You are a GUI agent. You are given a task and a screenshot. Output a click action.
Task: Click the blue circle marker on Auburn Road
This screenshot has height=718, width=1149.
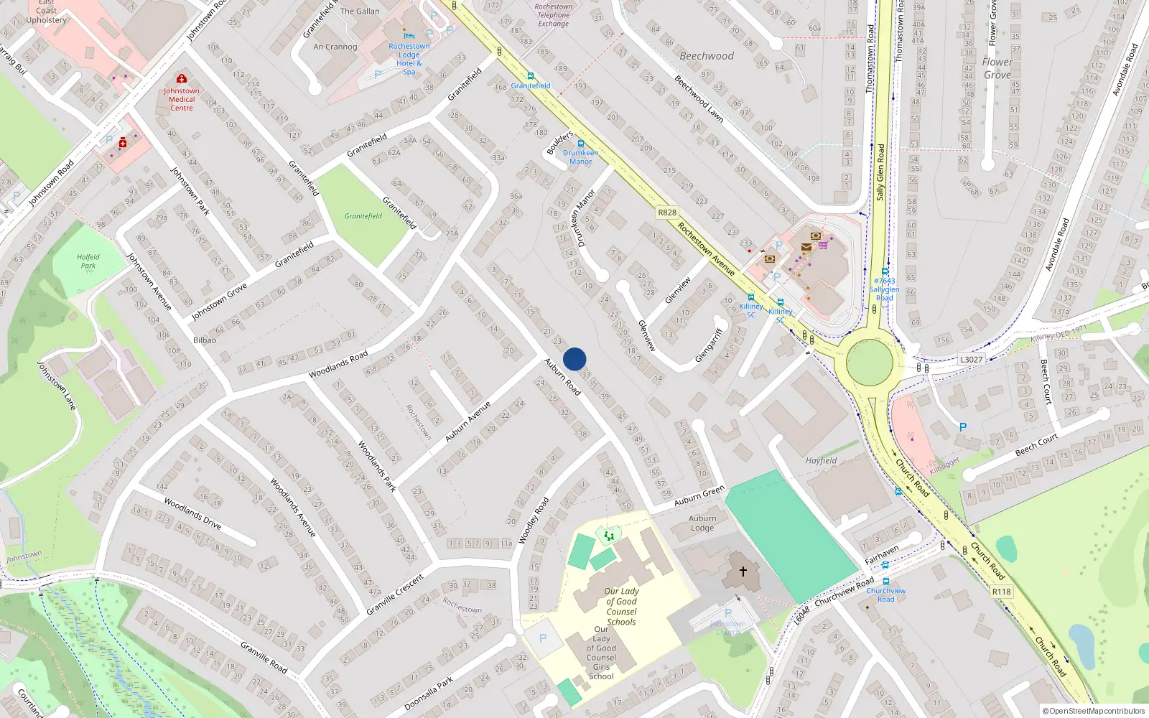tap(574, 359)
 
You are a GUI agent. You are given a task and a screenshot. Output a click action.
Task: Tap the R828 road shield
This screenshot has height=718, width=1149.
tap(667, 213)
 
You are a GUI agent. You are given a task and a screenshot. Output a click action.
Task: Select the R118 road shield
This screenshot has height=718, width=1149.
tap(1001, 592)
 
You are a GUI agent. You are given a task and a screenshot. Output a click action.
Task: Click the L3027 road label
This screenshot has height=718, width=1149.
tap(971, 360)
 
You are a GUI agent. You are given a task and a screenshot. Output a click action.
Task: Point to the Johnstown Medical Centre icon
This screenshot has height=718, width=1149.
tap(182, 78)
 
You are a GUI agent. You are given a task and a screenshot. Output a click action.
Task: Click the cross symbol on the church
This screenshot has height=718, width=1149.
tap(743, 571)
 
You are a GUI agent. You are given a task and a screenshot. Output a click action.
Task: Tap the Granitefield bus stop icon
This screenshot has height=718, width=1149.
tap(531, 76)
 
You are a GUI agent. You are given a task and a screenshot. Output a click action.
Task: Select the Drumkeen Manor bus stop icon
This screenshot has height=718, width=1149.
tap(580, 144)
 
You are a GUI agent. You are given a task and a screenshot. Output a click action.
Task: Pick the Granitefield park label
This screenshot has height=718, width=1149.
tap(363, 216)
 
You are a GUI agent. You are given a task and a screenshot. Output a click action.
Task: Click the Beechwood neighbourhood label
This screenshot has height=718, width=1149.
tap(707, 56)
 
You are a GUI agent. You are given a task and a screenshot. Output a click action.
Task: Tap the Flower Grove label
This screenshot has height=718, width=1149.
tap(997, 68)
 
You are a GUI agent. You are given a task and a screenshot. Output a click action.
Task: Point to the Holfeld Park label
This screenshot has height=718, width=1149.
tap(88, 261)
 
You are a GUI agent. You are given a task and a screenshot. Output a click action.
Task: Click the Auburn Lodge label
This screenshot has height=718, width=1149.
tap(702, 523)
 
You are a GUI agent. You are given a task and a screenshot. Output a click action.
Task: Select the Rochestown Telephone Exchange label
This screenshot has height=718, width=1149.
tap(554, 15)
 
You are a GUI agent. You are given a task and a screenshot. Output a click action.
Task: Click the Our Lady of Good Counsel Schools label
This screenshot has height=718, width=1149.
tap(622, 607)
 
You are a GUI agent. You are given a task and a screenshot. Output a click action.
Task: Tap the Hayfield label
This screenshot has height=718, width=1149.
tap(821, 461)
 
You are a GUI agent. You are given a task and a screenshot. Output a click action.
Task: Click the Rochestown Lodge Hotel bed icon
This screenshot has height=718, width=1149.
tap(409, 35)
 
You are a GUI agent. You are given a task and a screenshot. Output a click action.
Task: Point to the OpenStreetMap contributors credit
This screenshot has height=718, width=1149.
tap(1094, 711)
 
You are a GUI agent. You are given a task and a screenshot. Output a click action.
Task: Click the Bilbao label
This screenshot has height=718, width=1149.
tap(205, 340)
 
